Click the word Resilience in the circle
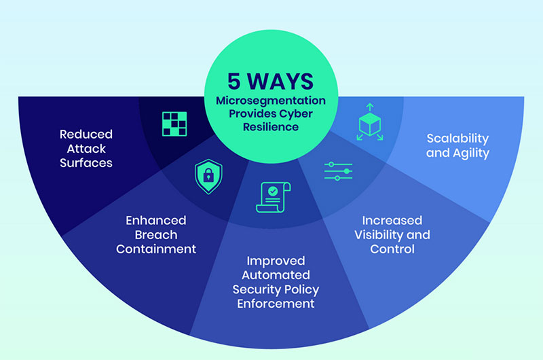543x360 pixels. [271, 127]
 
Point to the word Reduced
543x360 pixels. [86, 134]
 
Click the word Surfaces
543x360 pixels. [86, 163]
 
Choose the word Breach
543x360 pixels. [156, 235]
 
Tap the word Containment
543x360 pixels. [156, 249]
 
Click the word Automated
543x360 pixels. [276, 275]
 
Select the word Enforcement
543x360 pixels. [276, 304]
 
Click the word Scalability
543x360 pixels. [457, 139]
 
